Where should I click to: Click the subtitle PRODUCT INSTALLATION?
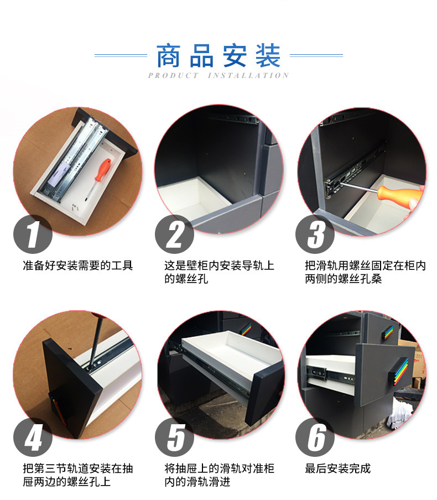[x=218, y=76]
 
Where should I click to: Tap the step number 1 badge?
[x=33, y=235]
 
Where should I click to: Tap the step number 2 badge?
[x=175, y=235]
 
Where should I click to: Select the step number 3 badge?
[x=316, y=235]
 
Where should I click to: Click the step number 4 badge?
[x=33, y=437]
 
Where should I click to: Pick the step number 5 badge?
[x=175, y=437]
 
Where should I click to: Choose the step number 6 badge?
[x=316, y=437]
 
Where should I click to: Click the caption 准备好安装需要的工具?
[x=78, y=266]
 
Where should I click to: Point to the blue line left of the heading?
[x=121, y=55]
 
